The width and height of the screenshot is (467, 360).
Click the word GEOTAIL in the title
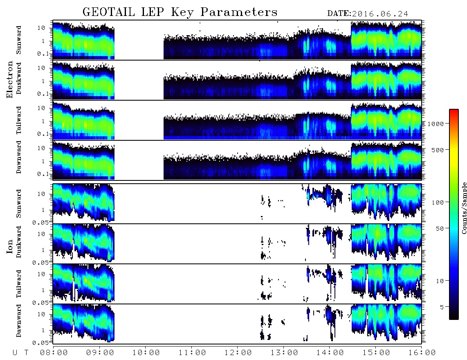[109, 12]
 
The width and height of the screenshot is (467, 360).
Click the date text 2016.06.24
[380, 14]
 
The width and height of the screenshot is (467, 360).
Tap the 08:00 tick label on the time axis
[54, 353]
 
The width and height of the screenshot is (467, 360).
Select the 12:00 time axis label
[238, 353]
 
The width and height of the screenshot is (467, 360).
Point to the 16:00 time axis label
[422, 353]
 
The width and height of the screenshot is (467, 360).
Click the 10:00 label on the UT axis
[146, 353]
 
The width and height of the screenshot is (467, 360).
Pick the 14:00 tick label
[330, 353]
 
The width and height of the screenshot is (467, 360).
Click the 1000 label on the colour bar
[436, 124]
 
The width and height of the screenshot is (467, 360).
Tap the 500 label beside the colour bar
[438, 150]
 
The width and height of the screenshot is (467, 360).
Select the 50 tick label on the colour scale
[440, 229]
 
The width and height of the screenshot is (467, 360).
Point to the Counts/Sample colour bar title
[464, 208]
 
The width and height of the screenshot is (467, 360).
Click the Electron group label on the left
[9, 80]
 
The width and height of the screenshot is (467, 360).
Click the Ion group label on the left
[9, 247]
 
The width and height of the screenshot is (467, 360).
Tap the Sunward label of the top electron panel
[19, 40]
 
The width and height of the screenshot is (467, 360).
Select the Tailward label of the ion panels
[19, 284]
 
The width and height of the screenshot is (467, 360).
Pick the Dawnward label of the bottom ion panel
[19, 321]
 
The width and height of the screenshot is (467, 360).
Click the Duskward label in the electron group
[19, 79]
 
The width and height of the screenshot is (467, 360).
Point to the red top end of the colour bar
[454, 110]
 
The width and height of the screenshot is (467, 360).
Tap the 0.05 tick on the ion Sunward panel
[40, 222]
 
